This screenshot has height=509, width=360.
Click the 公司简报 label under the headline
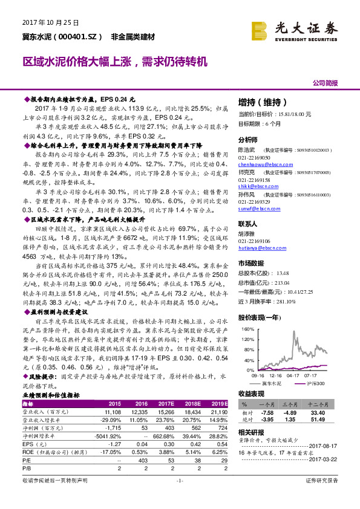coord(325,83)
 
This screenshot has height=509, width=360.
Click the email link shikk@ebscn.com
coord(256,187)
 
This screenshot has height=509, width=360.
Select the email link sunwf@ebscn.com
coord(257,211)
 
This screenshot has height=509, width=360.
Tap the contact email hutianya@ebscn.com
coord(260,248)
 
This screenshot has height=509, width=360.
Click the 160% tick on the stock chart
coord(247,329)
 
